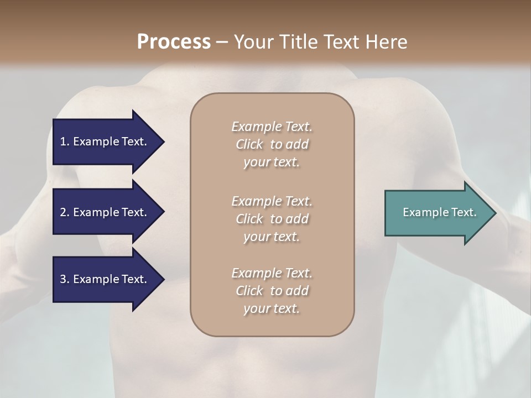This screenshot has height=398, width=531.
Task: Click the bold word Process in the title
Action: tap(174, 42)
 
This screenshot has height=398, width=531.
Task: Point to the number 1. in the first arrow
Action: tap(65, 142)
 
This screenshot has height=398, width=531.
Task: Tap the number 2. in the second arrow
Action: tap(65, 212)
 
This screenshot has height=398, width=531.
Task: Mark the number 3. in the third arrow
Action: tap(65, 279)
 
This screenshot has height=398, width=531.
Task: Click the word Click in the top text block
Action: tap(249, 145)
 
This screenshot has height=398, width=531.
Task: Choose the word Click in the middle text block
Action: tap(249, 219)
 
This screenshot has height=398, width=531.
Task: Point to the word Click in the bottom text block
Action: tap(249, 291)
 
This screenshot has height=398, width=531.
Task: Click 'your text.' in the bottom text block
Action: tap(272, 309)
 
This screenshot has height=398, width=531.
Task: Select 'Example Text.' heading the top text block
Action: tap(272, 127)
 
